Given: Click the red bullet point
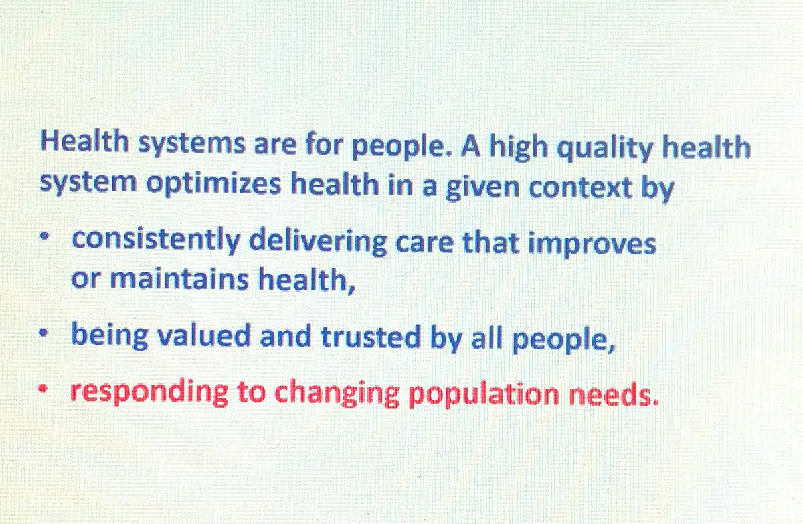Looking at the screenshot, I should pyautogui.click(x=44, y=388).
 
